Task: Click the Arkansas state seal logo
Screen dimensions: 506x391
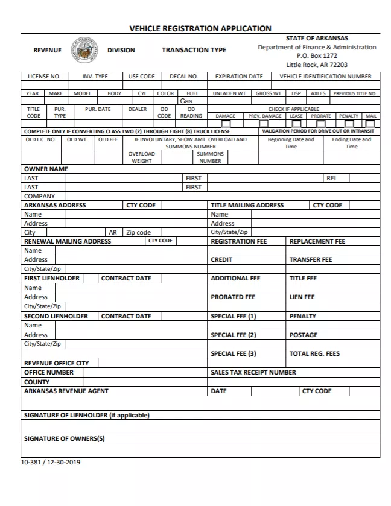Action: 85,50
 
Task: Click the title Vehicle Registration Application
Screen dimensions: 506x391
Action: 200,28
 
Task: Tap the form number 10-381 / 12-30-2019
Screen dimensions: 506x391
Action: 50,462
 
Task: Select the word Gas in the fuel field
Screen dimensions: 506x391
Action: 186,101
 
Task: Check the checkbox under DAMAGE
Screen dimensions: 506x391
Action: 225,124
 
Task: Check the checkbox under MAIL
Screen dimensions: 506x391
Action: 370,124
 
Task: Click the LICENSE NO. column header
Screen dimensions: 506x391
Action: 43,77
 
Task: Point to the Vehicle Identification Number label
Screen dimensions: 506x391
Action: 325,77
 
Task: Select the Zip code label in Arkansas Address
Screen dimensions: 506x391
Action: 138,232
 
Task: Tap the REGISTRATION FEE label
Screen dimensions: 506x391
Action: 238,241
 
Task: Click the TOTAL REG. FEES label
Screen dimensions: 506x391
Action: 314,353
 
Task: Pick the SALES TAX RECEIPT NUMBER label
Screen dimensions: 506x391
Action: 253,372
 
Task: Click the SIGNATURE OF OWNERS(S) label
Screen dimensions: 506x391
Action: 64,438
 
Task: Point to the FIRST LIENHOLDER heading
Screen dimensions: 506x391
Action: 51,278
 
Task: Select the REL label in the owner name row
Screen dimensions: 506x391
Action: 331,178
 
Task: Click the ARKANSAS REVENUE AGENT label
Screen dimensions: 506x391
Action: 66,391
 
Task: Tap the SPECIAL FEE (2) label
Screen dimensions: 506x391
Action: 233,335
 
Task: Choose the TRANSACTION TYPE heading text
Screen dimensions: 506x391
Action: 194,50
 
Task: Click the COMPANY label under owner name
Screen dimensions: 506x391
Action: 39,196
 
